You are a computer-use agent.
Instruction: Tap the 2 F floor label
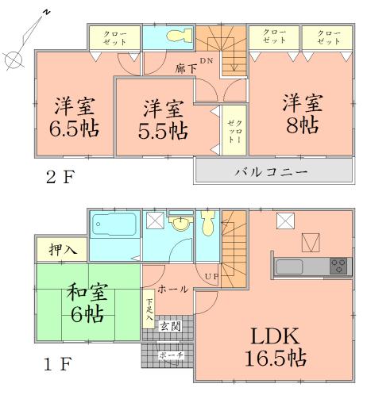click(51, 177)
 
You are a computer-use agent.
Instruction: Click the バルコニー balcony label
click(273, 171)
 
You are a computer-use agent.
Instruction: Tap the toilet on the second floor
click(180, 36)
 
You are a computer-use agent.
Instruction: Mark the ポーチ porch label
click(168, 355)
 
